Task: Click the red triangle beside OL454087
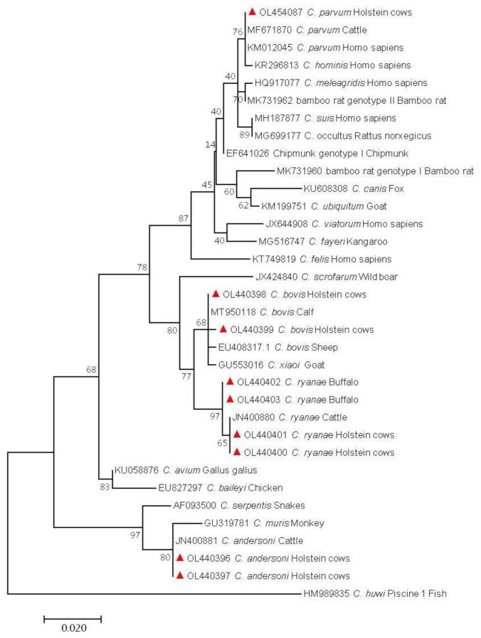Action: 252,12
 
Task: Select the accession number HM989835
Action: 329,593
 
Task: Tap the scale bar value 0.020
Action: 73,627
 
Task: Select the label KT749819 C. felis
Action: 291,259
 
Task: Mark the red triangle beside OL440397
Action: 180,575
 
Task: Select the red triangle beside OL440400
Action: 235,452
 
